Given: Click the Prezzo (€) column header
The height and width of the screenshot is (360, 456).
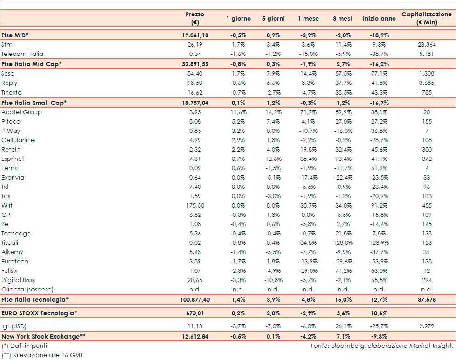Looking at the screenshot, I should tap(194, 18).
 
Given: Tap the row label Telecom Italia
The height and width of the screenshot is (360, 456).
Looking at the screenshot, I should tap(22, 54).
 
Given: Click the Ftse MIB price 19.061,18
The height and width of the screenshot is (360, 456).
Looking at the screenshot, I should tap(195, 35).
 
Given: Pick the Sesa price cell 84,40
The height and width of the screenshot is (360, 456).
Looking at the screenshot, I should tap(195, 73).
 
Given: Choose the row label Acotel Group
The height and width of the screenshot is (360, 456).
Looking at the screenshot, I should tap(21, 112).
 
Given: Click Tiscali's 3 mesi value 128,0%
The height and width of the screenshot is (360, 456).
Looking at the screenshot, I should tap(343, 242).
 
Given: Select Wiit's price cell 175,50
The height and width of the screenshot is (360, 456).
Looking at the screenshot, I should tap(195, 205).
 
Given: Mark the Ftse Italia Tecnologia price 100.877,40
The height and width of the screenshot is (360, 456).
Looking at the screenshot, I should tap(195, 299).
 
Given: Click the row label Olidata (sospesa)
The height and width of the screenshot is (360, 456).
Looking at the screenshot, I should tap(28, 289).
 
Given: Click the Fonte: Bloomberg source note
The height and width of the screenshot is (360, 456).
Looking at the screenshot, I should tap(381, 346).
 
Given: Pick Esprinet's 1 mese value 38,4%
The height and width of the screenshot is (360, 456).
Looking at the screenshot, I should tap(308, 159).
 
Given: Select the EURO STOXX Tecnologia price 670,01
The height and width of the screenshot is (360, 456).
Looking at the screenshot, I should tap(195, 313).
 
